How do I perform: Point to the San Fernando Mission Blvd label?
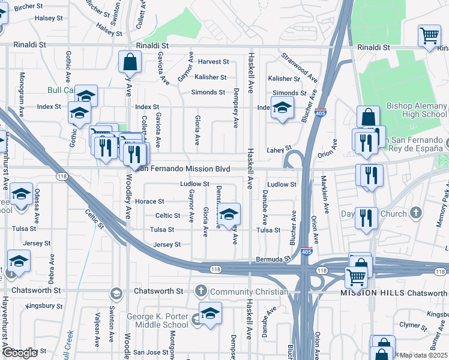(x=185, y=169)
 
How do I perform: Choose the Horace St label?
(x=149, y=202)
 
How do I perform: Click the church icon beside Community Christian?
(x=201, y=292)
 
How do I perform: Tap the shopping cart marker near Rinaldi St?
(x=430, y=37)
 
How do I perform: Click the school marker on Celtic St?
(x=229, y=214)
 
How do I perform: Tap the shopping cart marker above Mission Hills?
(x=357, y=277)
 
